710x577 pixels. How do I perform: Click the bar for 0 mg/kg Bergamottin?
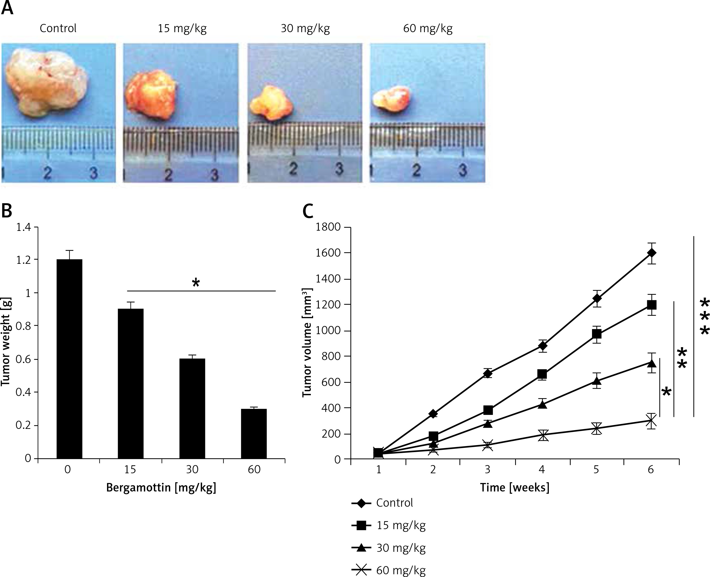tap(69, 359)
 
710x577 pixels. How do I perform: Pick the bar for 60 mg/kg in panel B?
tap(254, 433)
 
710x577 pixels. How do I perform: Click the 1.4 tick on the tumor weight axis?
tap(23, 227)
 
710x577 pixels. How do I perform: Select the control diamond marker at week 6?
tap(651, 253)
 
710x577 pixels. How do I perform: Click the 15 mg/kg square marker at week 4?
tap(542, 374)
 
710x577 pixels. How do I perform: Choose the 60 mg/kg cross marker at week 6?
tap(651, 421)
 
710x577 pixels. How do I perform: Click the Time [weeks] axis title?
tap(514, 487)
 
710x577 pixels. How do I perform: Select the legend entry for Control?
tap(394, 503)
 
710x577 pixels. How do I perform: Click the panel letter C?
tap(308, 211)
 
